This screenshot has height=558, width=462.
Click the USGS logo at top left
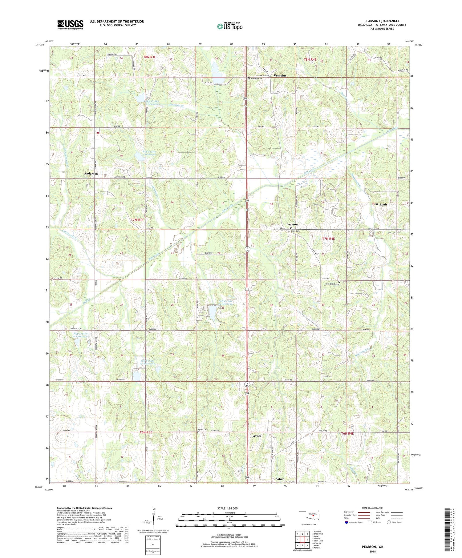coord(70,25)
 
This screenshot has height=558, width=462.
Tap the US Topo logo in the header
coord(229,26)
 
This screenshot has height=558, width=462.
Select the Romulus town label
coord(280,75)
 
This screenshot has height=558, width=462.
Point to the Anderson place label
coord(91,174)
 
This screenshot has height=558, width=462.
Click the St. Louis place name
coord(381,204)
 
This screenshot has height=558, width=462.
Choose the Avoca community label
coord(257,436)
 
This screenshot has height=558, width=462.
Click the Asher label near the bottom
coord(280,479)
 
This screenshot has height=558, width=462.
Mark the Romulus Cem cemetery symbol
coord(249,78)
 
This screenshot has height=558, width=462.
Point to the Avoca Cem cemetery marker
coord(198,432)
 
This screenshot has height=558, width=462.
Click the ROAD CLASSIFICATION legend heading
coord(373,508)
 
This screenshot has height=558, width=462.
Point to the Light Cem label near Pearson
coord(296,231)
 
